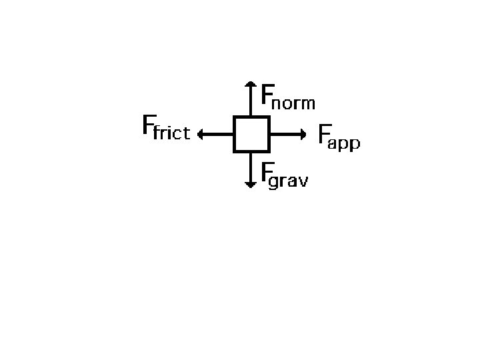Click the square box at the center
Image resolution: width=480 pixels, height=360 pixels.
(x=251, y=134)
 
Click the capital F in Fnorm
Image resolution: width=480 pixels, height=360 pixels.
(x=267, y=94)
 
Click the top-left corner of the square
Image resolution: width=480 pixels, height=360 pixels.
(x=235, y=117)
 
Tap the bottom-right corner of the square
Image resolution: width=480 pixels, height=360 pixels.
(x=268, y=151)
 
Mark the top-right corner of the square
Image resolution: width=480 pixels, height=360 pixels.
(x=268, y=117)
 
